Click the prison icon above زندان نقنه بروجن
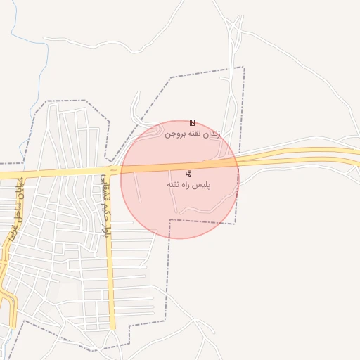192,123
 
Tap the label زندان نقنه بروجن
192,133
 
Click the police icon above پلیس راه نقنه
188,173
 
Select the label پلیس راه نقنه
188,184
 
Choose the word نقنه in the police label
173,184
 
